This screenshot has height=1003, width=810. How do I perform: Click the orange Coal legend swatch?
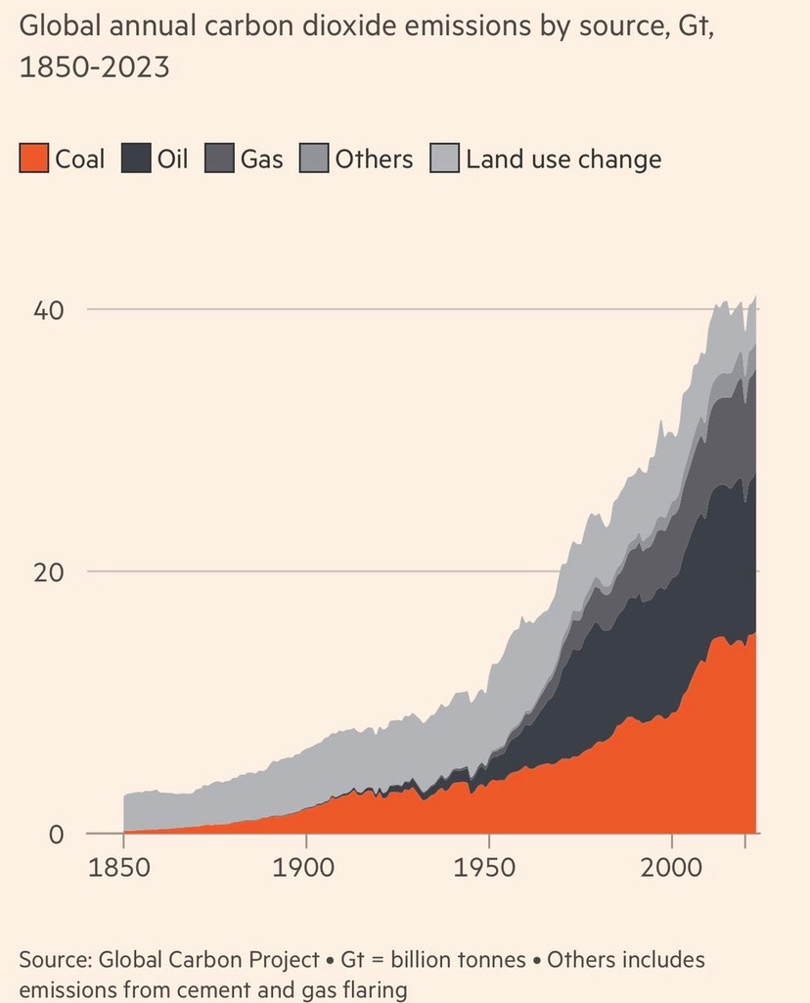point(33,159)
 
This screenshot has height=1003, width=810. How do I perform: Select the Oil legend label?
point(172,159)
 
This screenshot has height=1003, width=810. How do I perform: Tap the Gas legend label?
point(262,159)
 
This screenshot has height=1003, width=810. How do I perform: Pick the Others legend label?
point(375,159)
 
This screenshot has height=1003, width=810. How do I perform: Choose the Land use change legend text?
point(563,159)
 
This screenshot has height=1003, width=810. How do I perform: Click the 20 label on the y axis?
point(49,571)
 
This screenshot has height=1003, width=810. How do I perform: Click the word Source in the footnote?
point(53,960)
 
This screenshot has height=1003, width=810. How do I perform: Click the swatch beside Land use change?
point(444,159)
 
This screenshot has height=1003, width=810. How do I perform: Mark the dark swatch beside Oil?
point(136,159)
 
